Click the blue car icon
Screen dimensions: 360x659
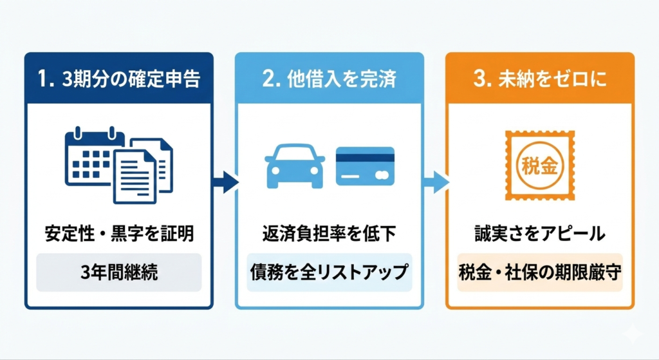[x=295, y=166]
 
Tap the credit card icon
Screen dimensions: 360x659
[x=366, y=166]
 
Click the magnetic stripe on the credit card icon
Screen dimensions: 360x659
[x=366, y=157]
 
